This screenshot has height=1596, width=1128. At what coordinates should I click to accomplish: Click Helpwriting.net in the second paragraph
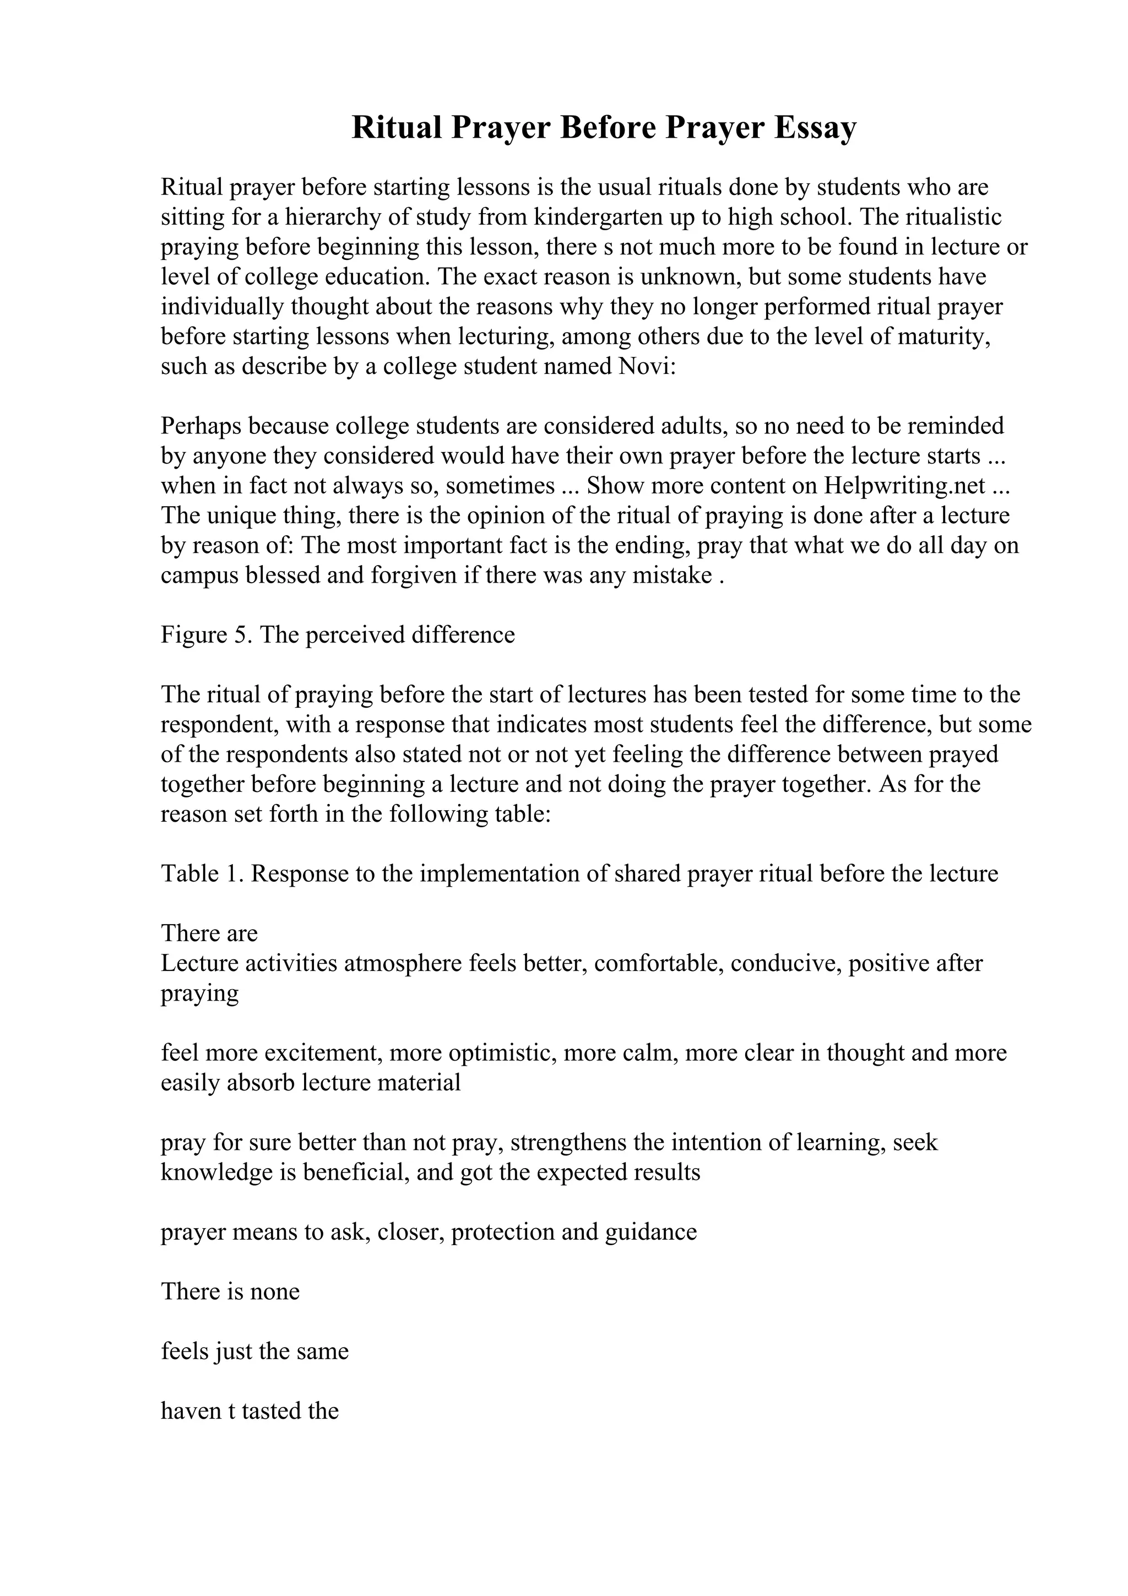coord(905,485)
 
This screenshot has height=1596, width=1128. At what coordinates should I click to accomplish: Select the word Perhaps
coord(201,425)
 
